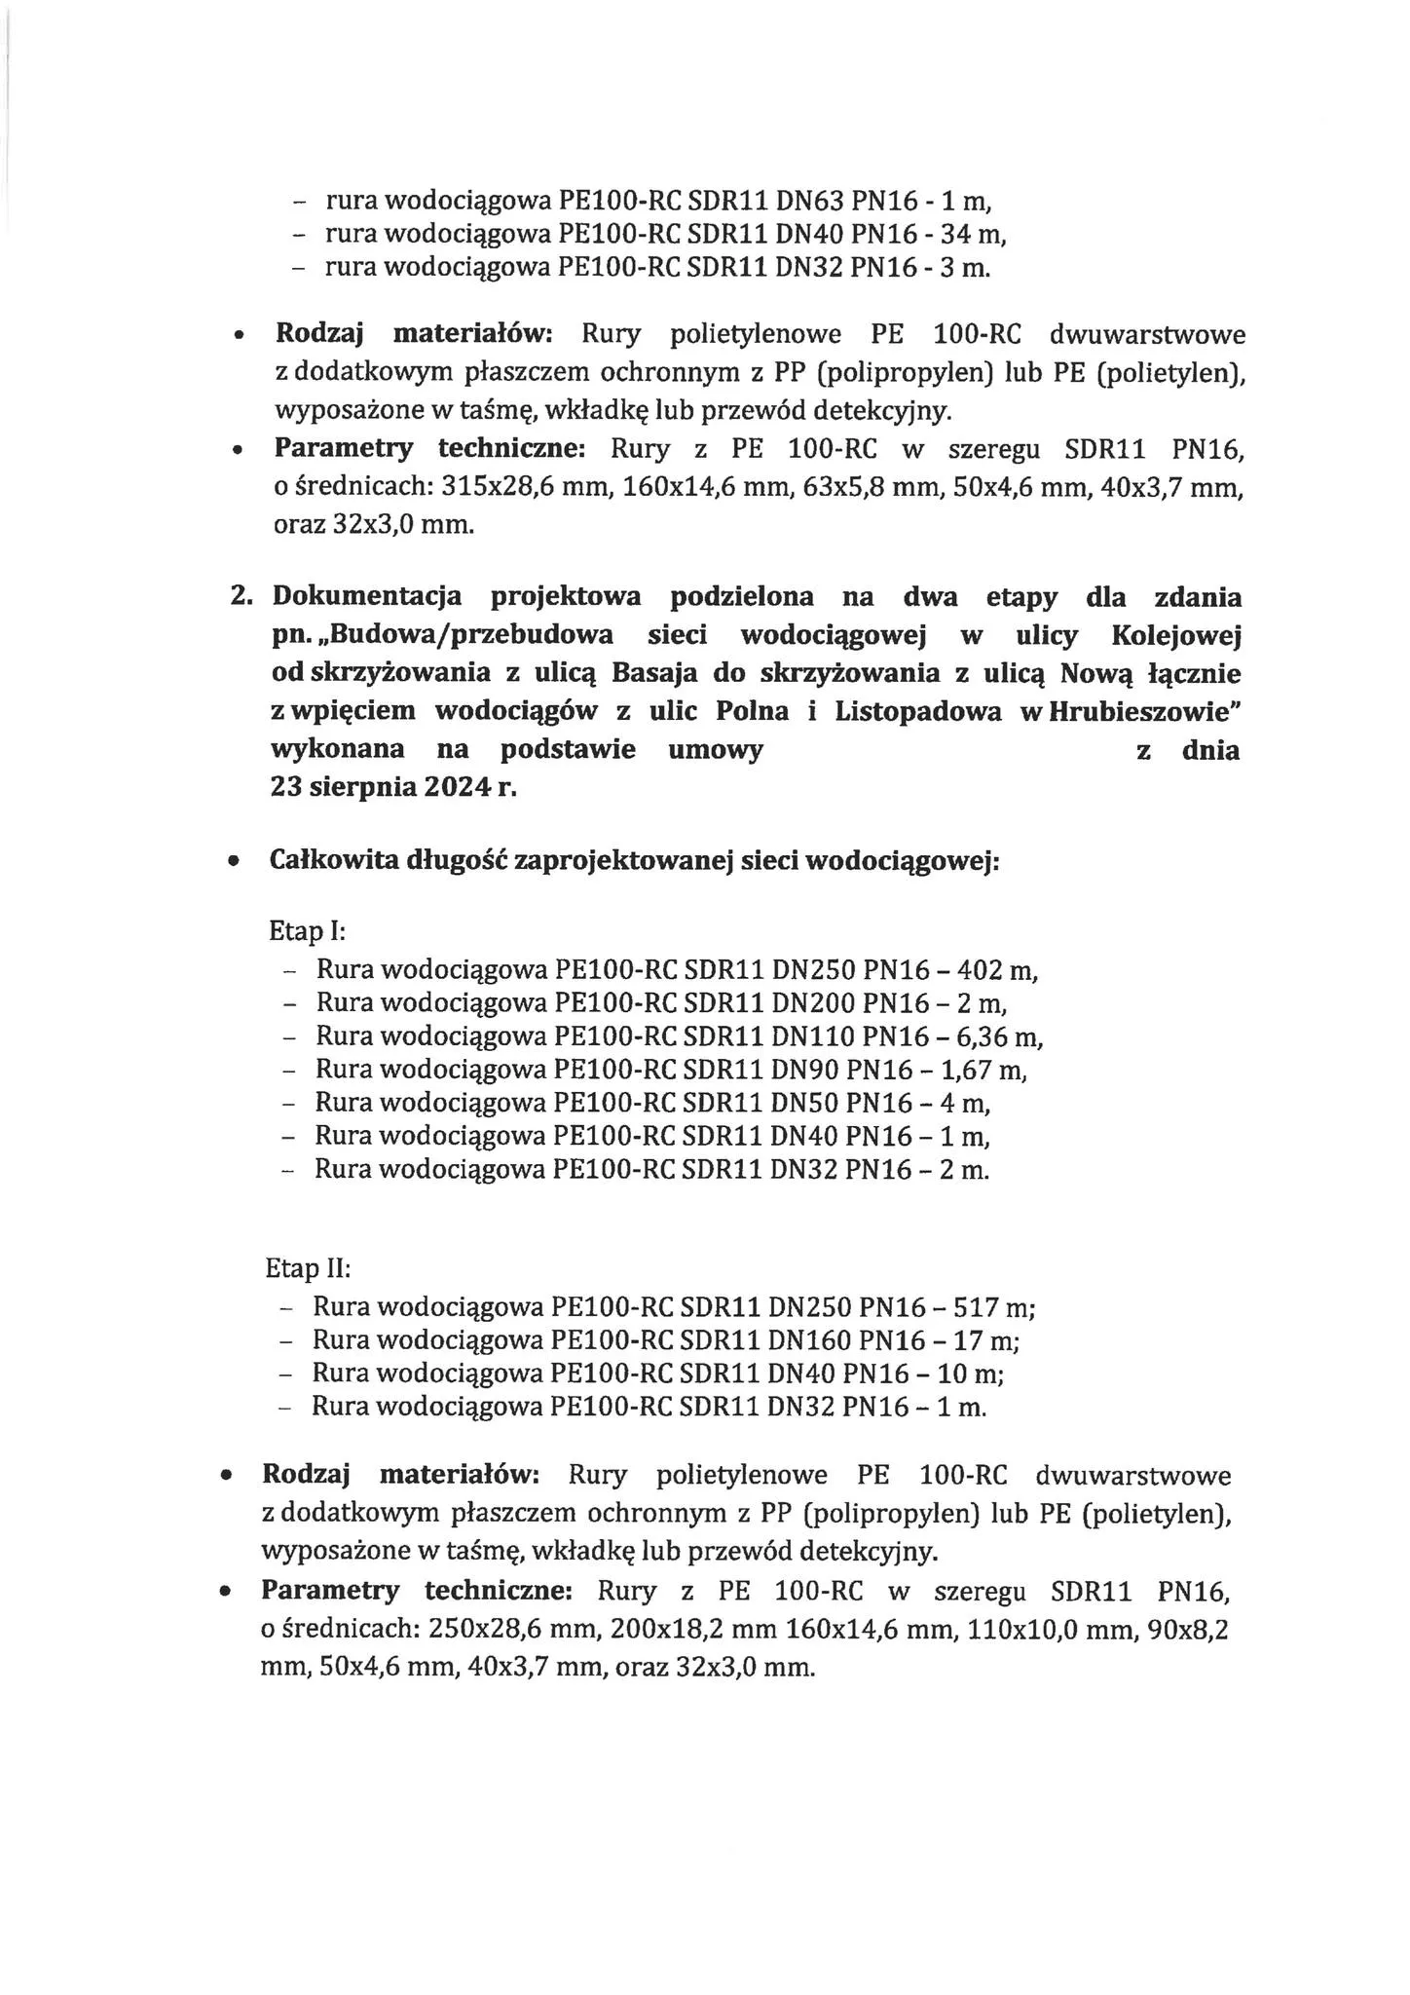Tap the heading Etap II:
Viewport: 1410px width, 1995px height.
pos(308,1269)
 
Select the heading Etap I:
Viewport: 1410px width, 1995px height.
pos(308,931)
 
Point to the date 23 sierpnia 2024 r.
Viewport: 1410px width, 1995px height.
pos(392,788)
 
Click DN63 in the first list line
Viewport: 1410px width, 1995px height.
pos(809,202)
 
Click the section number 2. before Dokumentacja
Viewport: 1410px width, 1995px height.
pos(241,596)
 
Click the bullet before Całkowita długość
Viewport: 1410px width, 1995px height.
pos(234,863)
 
